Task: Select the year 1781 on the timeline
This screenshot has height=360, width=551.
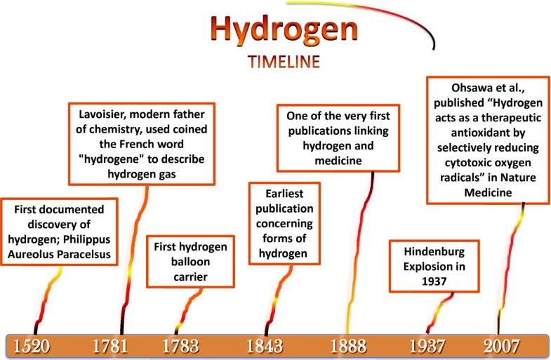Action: (x=111, y=346)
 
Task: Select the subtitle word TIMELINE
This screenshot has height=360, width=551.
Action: (x=284, y=62)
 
